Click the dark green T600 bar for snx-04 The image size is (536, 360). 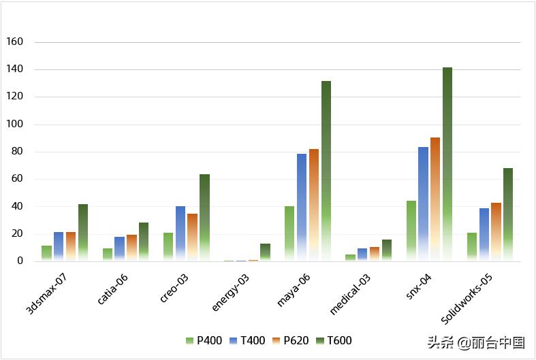coord(447,164)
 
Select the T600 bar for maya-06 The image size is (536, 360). coord(326,171)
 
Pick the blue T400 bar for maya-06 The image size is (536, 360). coord(302,207)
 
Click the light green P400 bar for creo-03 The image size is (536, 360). coord(168,246)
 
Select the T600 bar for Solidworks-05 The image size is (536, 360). coord(508,214)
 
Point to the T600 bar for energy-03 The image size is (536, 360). coord(265,252)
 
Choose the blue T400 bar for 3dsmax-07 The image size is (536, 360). coord(59,246)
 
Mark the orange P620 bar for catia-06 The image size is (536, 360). coord(131,248)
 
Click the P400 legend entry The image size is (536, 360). coord(204,340)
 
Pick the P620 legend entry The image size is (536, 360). coord(291,340)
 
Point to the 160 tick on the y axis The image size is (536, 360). coord(14,42)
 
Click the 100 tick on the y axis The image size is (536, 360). coord(14,125)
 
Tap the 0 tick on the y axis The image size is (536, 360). coord(20,261)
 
